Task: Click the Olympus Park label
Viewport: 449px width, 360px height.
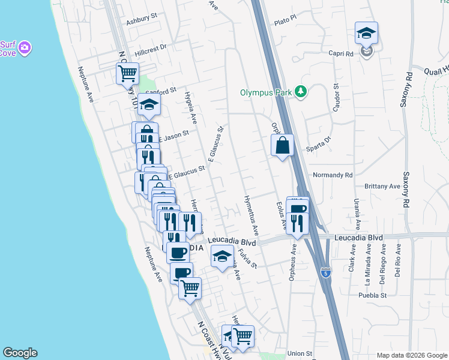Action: (x=265, y=92)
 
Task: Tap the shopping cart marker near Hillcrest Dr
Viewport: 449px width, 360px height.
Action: (x=127, y=74)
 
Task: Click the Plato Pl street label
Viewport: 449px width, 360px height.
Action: (x=285, y=20)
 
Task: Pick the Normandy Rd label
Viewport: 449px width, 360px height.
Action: (x=333, y=176)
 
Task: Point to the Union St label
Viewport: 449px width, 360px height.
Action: (x=300, y=353)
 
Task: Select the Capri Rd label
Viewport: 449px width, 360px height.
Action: (x=340, y=53)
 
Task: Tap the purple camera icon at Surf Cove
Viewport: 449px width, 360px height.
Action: (x=25, y=47)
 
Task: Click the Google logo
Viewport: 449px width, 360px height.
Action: (x=20, y=353)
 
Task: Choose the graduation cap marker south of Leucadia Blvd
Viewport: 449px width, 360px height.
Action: (x=222, y=257)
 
